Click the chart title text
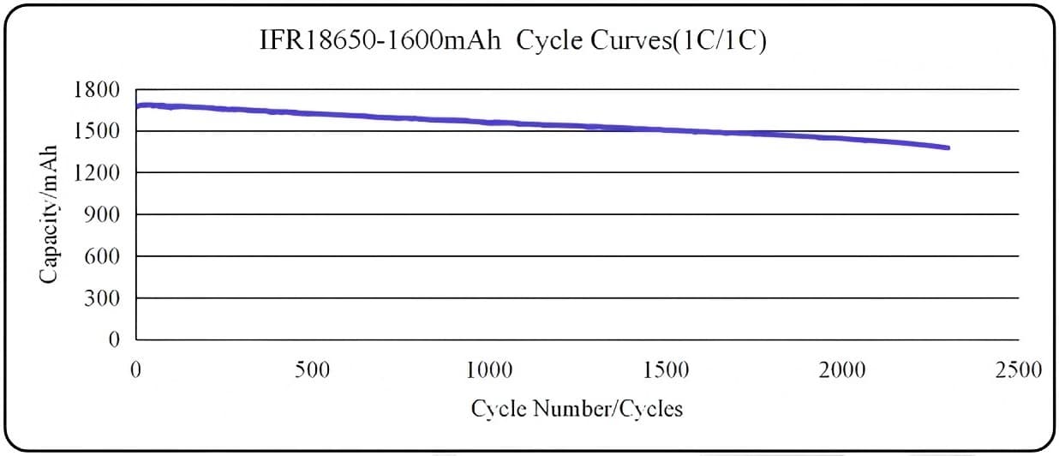pos(512,41)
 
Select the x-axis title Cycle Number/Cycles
pos(577,408)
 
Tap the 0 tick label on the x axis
pos(135,370)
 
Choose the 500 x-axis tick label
pos(312,370)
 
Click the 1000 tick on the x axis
pos(489,370)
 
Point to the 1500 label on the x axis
pos(666,370)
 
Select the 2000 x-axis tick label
pos(842,370)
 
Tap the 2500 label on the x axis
pos(1019,370)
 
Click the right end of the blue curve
pos(948,147)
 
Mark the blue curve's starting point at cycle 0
pos(137,106)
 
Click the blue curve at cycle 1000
pos(489,123)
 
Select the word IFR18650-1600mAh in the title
pos(380,41)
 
